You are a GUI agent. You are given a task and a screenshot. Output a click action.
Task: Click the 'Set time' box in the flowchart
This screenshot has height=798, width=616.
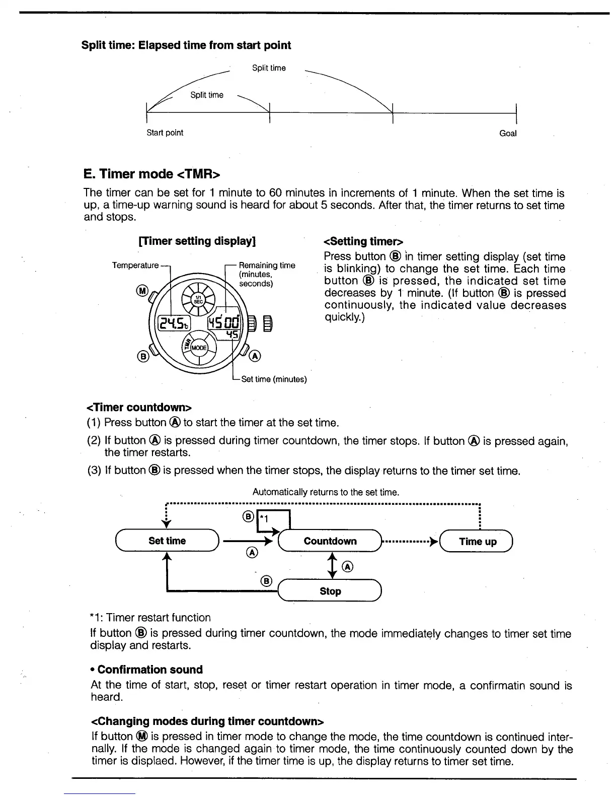(x=167, y=541)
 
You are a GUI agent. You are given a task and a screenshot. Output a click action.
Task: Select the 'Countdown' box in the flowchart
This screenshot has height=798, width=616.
(x=330, y=541)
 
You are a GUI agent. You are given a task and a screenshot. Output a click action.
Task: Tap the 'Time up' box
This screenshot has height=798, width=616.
(x=477, y=542)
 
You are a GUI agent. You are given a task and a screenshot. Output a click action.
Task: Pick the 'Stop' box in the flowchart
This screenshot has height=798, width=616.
(x=330, y=591)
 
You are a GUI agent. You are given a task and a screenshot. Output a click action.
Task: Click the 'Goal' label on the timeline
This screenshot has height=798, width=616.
(x=508, y=134)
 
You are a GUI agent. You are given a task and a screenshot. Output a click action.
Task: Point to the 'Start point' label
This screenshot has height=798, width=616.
(x=165, y=133)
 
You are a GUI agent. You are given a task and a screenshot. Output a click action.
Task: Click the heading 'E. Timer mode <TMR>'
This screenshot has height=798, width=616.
(x=152, y=174)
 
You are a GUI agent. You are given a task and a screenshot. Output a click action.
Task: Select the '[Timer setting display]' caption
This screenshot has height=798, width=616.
(x=197, y=241)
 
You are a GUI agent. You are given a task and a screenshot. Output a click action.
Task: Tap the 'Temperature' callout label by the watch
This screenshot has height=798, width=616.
(x=135, y=265)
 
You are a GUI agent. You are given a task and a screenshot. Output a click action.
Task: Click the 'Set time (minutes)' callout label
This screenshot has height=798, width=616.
(x=274, y=379)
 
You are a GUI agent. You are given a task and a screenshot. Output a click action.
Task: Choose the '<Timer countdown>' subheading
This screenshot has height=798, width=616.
(x=139, y=407)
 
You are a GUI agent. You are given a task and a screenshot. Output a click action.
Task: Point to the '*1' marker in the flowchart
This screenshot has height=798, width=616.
(x=264, y=518)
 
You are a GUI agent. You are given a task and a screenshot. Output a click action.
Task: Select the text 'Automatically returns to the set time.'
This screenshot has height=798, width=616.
(x=326, y=492)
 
